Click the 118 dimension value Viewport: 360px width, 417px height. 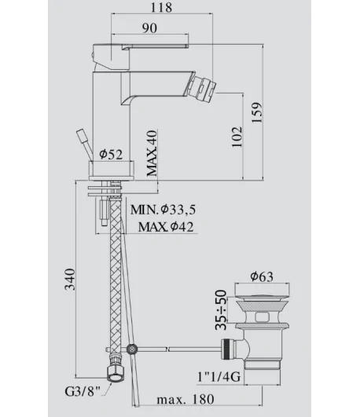pyautogui.click(x=161, y=7)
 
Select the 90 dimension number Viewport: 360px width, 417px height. pyautogui.click(x=149, y=28)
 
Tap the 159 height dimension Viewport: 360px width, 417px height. pyautogui.click(x=257, y=112)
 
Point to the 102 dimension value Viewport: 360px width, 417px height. pyautogui.click(x=237, y=137)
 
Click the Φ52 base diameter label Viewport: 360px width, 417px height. pyautogui.click(x=111, y=154)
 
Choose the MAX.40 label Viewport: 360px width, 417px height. pyautogui.click(x=152, y=153)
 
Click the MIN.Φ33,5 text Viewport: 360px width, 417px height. pyautogui.click(x=163, y=210)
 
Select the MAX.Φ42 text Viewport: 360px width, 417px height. pyautogui.click(x=166, y=227)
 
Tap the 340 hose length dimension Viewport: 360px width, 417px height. pyautogui.click(x=70, y=280)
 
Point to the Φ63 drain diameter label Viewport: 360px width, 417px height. pyautogui.click(x=262, y=276)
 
